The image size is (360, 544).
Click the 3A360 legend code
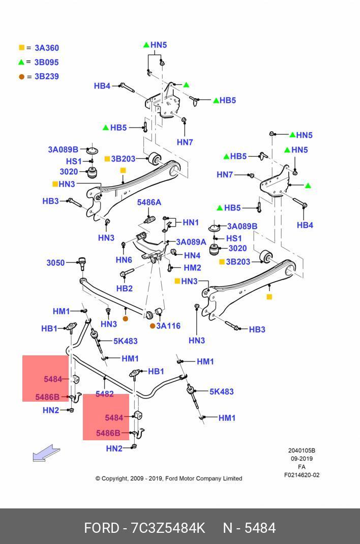click(x=47, y=48)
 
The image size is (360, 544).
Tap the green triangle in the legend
click(x=21, y=62)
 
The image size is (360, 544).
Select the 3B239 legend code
click(x=46, y=76)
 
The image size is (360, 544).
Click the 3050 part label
click(x=56, y=263)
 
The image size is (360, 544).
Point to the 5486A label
click(x=149, y=202)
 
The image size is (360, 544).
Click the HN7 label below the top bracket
click(x=185, y=142)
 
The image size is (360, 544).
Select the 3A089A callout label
click(x=191, y=242)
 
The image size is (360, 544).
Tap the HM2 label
click(x=193, y=267)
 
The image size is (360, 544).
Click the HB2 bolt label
click(x=125, y=288)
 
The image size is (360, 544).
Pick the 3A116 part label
click(x=168, y=326)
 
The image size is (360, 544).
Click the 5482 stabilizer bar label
click(x=104, y=394)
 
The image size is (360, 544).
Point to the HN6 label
click(x=124, y=259)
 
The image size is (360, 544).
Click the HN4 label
click(x=192, y=255)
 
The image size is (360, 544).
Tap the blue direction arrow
click(x=46, y=453)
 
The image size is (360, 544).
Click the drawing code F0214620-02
click(x=302, y=475)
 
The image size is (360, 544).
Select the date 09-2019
click(x=302, y=458)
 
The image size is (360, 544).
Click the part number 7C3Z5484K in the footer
click(x=168, y=528)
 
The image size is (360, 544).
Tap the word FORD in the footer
click(x=102, y=528)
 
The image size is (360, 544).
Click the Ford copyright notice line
click(x=169, y=478)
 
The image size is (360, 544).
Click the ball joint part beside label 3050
click(x=82, y=263)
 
